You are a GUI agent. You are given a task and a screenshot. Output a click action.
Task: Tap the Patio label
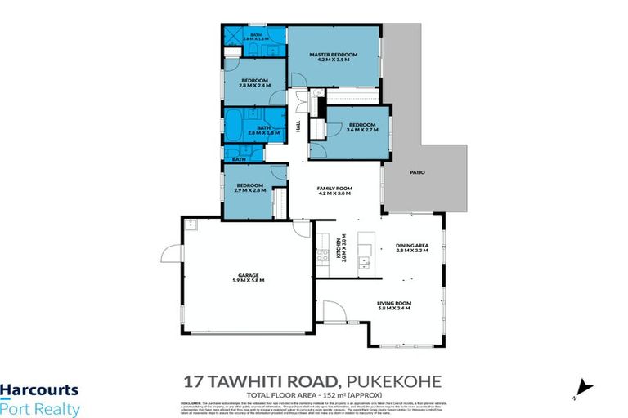(418, 172)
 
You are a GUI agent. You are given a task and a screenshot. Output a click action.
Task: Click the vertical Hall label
(298, 127)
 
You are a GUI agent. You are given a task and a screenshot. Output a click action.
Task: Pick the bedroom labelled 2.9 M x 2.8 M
(250, 188)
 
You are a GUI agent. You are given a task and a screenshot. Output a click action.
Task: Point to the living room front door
(334, 312)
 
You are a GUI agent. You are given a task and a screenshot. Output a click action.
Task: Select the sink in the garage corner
(190, 225)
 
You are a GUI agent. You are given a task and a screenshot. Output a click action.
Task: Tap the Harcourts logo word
(39, 391)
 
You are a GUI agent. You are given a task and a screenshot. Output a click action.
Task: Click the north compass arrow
(584, 387)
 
